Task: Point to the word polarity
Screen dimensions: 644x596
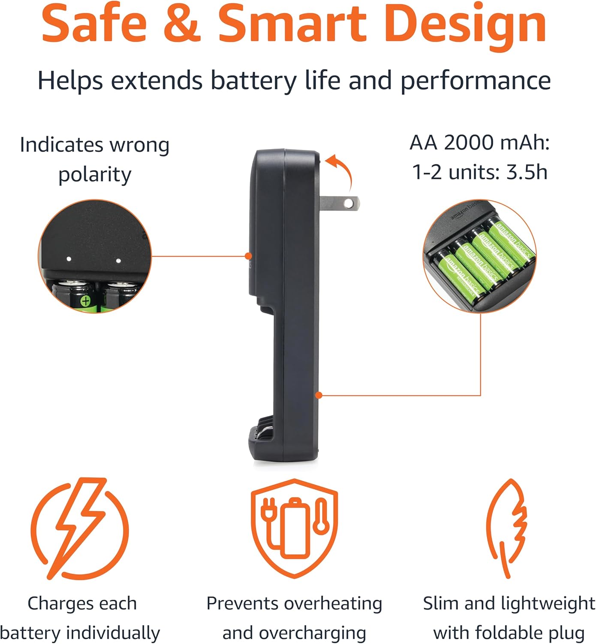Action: point(95,175)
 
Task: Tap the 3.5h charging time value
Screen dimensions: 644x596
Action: point(527,172)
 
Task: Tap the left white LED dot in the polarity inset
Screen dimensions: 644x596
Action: point(69,259)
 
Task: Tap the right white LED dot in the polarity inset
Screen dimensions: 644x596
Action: point(118,260)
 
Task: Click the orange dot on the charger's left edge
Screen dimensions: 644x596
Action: point(248,256)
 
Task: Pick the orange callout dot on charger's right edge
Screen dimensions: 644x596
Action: point(319,395)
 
